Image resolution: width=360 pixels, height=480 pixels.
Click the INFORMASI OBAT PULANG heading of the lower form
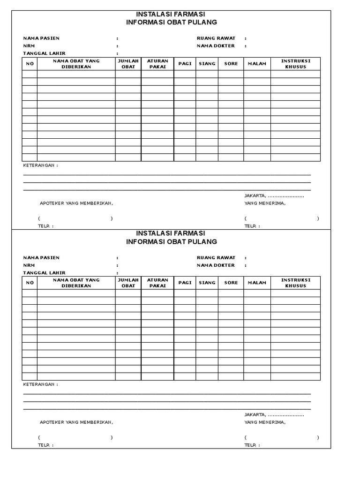(171, 241)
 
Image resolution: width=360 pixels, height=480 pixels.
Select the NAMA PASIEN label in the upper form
(42, 38)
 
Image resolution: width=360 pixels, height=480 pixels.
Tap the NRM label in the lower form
(30, 265)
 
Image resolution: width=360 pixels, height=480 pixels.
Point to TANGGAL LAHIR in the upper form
(45, 53)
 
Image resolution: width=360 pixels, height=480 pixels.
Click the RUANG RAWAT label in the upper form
(216, 38)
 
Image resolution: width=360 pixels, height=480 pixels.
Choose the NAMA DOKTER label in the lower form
(216, 265)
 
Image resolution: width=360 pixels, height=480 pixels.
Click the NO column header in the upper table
(30, 64)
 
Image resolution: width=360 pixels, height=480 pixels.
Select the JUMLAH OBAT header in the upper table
(128, 64)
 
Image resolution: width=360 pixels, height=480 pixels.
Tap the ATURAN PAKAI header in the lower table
(157, 283)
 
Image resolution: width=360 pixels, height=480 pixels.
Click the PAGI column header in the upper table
(185, 63)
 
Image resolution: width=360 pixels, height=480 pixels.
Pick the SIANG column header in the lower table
(207, 283)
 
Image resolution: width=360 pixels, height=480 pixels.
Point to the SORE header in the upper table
(231, 63)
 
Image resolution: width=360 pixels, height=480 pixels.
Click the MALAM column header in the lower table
(257, 283)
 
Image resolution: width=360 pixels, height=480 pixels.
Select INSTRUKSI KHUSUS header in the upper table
(295, 64)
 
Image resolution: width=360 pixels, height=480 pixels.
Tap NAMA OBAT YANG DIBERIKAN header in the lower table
(76, 283)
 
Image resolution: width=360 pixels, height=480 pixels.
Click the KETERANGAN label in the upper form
(41, 165)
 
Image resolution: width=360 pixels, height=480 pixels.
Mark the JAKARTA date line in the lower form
(274, 414)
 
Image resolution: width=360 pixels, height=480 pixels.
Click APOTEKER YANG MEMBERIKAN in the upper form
(76, 203)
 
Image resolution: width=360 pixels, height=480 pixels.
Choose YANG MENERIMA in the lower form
(265, 422)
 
